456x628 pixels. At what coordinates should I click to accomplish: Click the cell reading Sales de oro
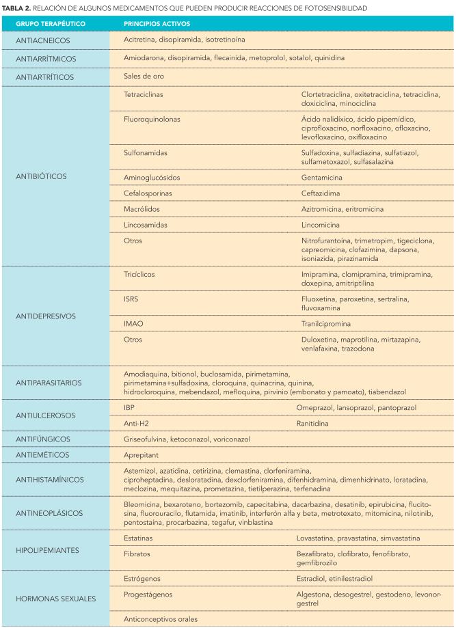(x=144, y=76)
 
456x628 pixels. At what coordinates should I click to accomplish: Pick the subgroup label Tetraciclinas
(x=144, y=94)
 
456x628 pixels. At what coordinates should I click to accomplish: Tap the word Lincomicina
(x=322, y=224)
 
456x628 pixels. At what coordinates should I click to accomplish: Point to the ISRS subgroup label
(x=131, y=299)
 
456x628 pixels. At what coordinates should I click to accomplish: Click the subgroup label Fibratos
(x=137, y=553)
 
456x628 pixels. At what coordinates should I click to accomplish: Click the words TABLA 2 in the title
(x=16, y=8)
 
